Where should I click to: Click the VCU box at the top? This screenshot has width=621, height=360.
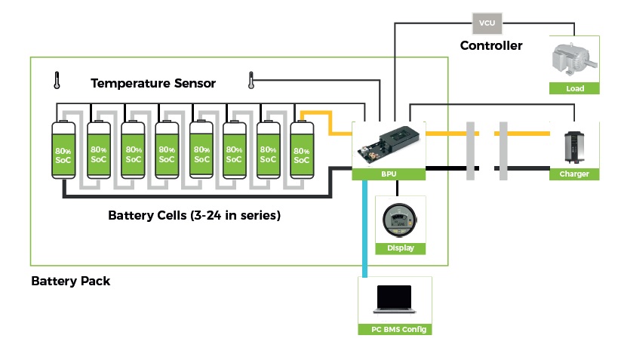(487, 23)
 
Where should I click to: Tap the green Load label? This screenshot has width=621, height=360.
(575, 88)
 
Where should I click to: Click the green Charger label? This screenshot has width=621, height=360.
(575, 174)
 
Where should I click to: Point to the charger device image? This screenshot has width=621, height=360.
(575, 146)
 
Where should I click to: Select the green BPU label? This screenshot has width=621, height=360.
(389, 174)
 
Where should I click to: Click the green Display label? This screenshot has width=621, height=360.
(401, 248)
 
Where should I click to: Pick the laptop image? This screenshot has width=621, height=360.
(394, 300)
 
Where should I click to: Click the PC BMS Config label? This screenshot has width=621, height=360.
(395, 329)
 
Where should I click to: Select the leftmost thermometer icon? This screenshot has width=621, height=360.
(57, 78)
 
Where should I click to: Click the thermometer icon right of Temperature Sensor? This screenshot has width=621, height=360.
(251, 78)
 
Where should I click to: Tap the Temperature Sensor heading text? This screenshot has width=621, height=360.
(153, 83)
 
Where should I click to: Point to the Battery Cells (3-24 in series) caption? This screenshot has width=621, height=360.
(194, 216)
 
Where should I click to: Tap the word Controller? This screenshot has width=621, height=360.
(491, 46)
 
